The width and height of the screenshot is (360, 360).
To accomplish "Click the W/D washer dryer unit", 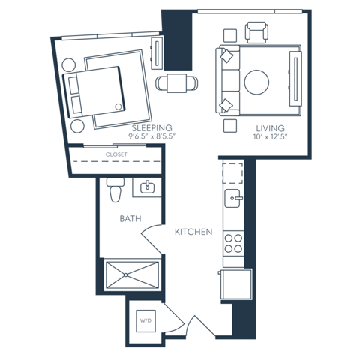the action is point(145,321).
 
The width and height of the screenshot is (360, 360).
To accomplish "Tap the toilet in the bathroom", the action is point(115,190).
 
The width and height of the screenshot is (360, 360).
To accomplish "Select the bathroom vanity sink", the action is point(148,187).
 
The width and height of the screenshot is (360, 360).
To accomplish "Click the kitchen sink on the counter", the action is point(233,198).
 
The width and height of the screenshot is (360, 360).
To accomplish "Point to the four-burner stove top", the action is point(233,243).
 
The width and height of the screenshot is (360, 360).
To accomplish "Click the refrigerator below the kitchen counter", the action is point(236,283).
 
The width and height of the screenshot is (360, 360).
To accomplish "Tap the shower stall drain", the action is point(126,275).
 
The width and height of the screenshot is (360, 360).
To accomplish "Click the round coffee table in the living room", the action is point(256,82).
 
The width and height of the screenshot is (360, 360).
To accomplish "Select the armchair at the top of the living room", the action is point(256,32).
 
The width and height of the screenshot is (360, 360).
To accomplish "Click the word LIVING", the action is point(270,128).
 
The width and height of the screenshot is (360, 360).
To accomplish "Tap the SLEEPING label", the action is point(152,128).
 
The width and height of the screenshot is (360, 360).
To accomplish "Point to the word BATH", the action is point(130,219).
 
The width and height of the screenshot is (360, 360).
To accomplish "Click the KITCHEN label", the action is point(193,232).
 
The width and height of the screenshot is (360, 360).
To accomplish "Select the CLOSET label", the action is point(116,154).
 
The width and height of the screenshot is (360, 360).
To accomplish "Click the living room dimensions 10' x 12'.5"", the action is point(270,136).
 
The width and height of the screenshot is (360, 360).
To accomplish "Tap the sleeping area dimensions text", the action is point(152,136).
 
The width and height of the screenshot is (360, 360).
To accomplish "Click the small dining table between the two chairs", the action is point(177,83).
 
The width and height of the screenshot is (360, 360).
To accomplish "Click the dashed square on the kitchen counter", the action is point(232,173).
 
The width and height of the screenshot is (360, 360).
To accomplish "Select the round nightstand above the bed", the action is point(69,65).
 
